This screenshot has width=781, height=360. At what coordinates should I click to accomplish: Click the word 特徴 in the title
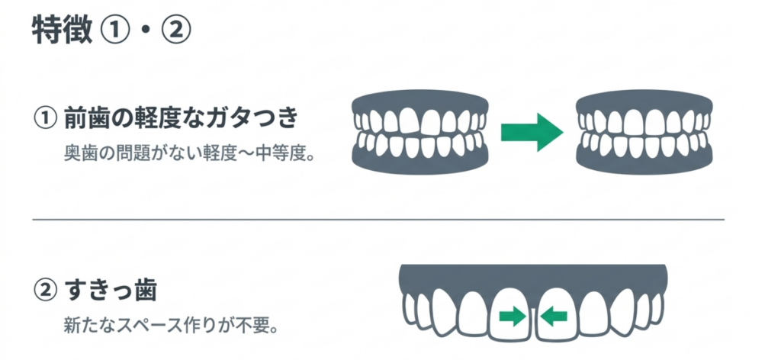(x=63, y=31)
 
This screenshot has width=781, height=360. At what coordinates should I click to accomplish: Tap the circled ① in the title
(x=117, y=31)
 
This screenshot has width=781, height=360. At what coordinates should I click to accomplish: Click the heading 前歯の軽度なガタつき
(x=181, y=120)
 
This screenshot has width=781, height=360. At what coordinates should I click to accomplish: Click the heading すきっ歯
(x=111, y=291)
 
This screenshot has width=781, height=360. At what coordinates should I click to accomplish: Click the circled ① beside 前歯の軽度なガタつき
(x=45, y=121)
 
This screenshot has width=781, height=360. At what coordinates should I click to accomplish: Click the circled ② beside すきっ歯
(x=45, y=291)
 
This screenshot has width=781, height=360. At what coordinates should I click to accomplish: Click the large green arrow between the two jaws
(x=532, y=132)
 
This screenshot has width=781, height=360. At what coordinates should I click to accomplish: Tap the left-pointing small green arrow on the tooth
(x=554, y=316)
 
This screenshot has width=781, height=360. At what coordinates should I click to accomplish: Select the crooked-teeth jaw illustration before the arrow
(x=420, y=132)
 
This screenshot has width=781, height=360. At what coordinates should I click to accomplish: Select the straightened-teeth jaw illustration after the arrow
(x=644, y=132)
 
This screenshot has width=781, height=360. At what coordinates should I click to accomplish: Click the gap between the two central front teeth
(x=533, y=321)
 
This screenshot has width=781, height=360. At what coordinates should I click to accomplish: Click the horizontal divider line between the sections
(x=378, y=219)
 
